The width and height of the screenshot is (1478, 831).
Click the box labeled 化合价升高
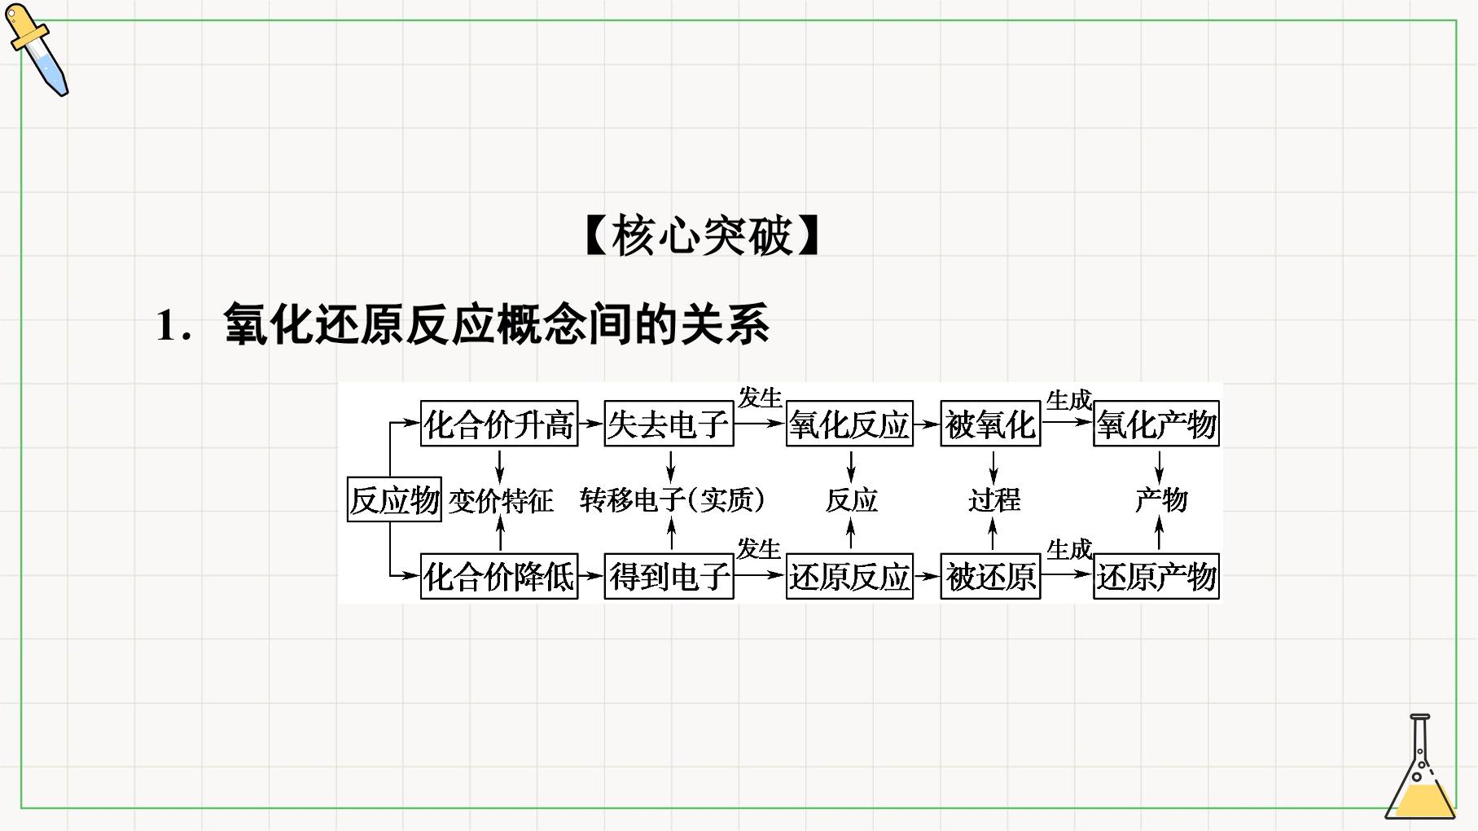[499, 424]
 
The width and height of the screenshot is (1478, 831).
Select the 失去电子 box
[669, 424]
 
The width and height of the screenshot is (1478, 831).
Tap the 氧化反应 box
[849, 424]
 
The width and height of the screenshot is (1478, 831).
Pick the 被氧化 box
[990, 424]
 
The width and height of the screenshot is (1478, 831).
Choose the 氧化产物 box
[1156, 424]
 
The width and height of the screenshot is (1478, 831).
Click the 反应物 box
[394, 499]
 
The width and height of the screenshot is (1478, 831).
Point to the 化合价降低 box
[499, 577]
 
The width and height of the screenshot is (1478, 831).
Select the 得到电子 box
[669, 577]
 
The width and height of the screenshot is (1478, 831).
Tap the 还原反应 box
[849, 577]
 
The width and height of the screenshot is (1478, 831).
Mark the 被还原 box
[990, 577]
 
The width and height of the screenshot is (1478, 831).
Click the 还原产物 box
[1156, 577]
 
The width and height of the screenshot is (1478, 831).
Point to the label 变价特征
[501, 500]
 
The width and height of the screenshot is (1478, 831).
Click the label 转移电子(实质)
[673, 500]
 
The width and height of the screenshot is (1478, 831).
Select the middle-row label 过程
[994, 500]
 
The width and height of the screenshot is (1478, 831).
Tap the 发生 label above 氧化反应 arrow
[759, 398]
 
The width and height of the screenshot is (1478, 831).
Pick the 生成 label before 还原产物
[1068, 550]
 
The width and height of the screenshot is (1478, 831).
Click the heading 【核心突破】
[701, 236]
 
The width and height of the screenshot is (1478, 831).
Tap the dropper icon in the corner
[37, 50]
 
